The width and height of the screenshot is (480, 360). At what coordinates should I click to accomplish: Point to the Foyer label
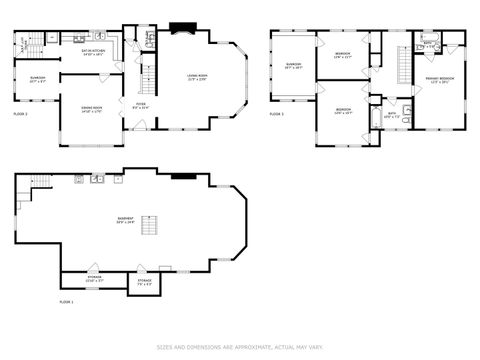[142, 104]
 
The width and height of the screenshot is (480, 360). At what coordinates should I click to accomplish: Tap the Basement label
[125, 221]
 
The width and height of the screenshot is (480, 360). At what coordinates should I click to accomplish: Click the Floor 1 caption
[66, 301]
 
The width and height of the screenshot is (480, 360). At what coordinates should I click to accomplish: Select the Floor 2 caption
[20, 115]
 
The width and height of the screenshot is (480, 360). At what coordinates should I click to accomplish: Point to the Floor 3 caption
[277, 114]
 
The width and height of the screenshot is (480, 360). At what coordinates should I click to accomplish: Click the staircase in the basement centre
[150, 225]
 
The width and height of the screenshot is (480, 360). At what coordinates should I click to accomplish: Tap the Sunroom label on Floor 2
[36, 80]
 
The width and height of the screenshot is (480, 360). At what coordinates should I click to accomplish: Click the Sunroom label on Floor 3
[293, 68]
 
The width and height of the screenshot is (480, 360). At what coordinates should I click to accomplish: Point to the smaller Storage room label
[144, 282]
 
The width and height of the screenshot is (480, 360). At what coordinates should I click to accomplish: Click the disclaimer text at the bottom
[239, 348]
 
